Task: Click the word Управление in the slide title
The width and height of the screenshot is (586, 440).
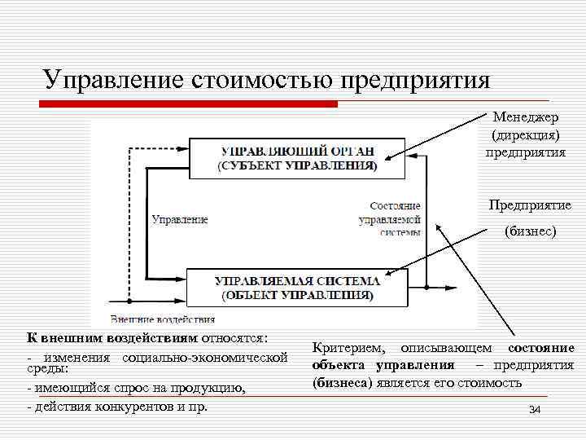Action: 113,80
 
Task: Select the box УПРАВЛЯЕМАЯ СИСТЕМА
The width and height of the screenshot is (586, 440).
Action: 297,287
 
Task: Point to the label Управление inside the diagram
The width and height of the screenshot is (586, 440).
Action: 180,219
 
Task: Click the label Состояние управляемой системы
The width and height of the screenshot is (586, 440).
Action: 394,219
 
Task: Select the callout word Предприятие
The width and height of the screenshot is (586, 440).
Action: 530,205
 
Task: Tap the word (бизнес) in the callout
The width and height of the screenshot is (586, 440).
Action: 530,231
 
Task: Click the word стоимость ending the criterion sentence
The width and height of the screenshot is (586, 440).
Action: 493,381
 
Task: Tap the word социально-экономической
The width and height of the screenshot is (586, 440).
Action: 204,358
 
